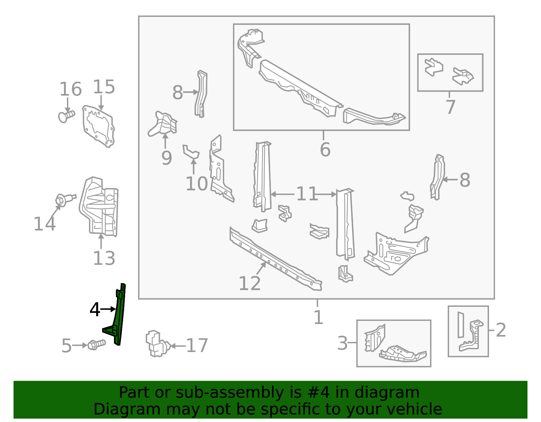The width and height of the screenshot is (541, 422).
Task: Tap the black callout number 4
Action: tap(95, 309)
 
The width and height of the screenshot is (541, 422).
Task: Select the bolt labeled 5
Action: tap(97, 345)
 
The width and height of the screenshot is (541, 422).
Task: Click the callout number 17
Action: tap(197, 345)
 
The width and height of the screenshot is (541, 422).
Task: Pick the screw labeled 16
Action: tap(66, 116)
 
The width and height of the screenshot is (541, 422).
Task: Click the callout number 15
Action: tap(104, 87)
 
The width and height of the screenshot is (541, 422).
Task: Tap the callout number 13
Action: tap(104, 258)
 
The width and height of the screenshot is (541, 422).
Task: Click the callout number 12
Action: tap(250, 283)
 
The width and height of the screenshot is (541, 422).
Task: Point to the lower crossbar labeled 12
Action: tap(276, 259)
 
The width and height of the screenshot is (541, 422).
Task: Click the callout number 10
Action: tap(196, 184)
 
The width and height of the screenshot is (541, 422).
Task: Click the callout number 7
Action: tap(450, 107)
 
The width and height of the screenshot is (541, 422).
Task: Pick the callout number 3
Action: tap(342, 343)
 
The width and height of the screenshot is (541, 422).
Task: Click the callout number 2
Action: tap(501, 330)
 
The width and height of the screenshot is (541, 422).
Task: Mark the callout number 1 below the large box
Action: tap(319, 317)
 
